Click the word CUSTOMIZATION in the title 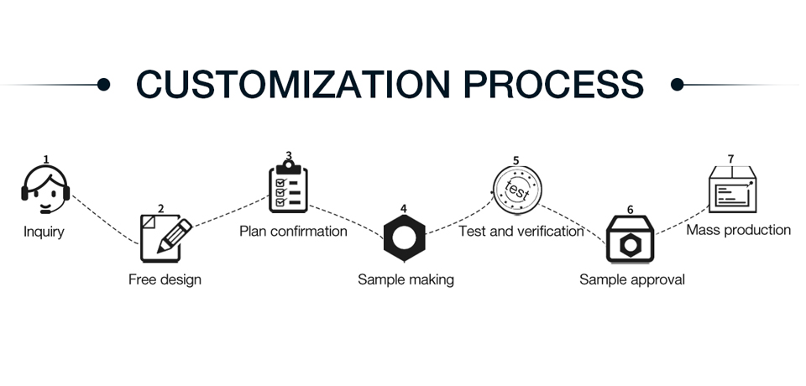293,84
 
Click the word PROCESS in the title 553,84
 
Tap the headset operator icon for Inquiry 45,189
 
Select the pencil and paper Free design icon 166,238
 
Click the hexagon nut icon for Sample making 405,238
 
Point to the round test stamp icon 517,190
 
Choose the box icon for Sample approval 631,239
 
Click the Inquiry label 44,232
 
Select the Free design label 165,279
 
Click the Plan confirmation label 294,232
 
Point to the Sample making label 406,279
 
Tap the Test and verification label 521,232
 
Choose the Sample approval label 632,279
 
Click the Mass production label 739,230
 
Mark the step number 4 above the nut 404,209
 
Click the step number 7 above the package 731,159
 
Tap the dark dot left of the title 103,84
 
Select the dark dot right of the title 678,84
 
